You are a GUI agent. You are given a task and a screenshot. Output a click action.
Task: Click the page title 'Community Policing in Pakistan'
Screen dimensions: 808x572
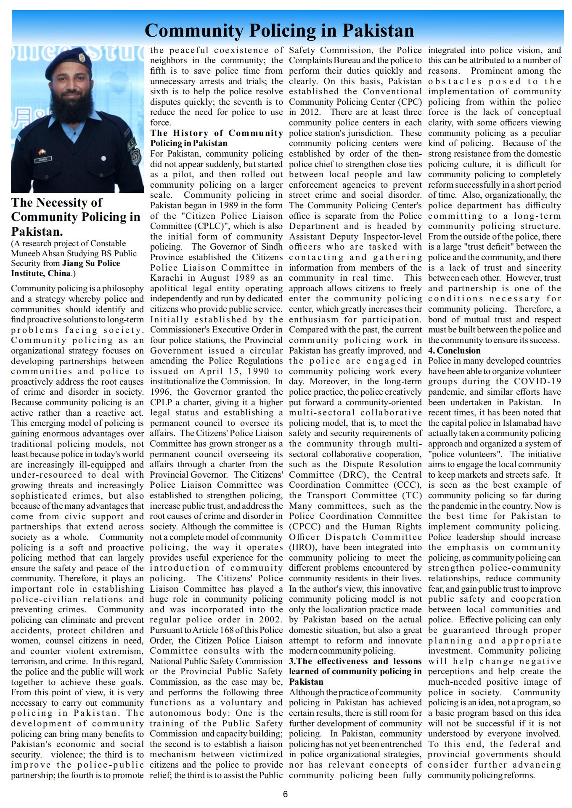(x=279, y=31)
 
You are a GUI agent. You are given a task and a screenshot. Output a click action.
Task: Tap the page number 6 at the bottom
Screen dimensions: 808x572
(x=285, y=794)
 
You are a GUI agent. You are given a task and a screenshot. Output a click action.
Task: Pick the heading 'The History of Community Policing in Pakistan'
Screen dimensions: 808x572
(x=216, y=138)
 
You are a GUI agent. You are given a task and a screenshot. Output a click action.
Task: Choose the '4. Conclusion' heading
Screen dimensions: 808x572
(x=454, y=351)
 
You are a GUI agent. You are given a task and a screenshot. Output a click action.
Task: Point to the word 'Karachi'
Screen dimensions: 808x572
(x=167, y=278)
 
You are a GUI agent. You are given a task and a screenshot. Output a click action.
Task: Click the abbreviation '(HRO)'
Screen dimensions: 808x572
(x=301, y=547)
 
